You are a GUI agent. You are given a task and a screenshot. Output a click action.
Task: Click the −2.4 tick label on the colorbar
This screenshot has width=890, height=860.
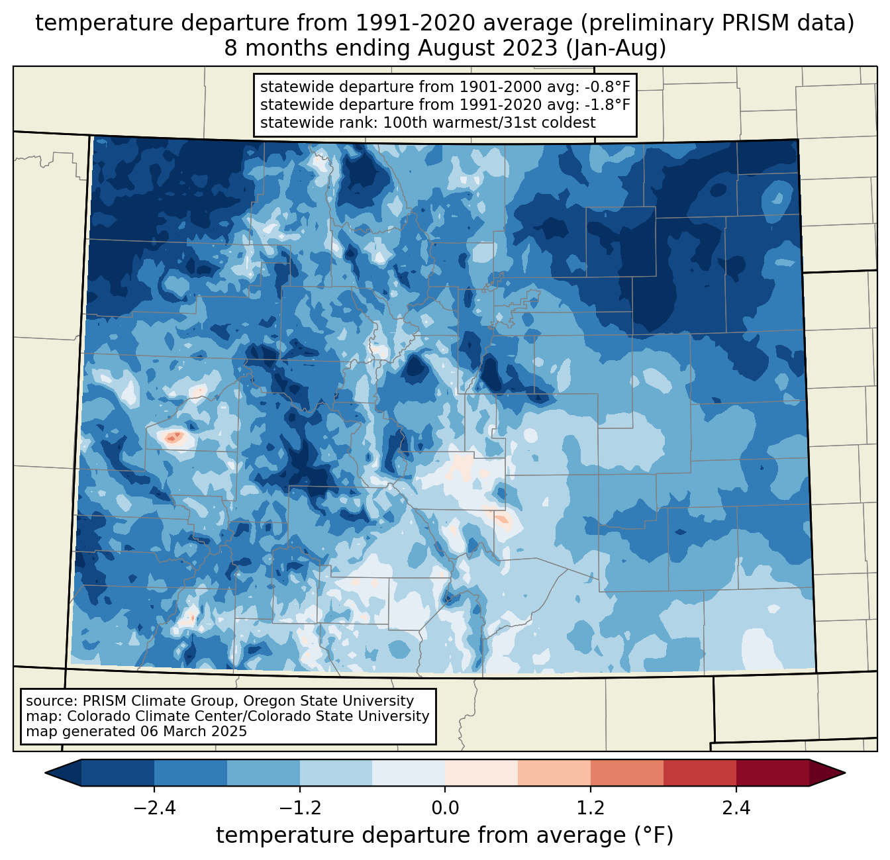[154, 808]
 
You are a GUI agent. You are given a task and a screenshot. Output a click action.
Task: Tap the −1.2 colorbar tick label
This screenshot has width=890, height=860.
[299, 808]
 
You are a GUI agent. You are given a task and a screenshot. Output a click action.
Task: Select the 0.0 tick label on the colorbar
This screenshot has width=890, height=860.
[445, 808]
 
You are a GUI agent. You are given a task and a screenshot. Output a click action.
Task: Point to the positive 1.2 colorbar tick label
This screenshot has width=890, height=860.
[591, 808]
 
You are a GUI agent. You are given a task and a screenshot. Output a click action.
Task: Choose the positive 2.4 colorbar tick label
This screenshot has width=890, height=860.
[736, 808]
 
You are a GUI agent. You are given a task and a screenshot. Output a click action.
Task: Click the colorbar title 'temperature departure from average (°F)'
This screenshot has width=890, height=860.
[445, 836]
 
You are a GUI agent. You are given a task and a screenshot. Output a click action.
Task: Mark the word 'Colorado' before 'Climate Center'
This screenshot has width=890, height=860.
[95, 716]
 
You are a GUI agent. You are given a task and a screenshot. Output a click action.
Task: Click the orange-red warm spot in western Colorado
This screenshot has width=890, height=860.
[173, 437]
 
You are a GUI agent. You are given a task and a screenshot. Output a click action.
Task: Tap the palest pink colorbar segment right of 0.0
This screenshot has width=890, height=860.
[481, 773]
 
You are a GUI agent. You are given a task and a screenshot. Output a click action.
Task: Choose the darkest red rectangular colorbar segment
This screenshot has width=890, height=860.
[772, 773]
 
